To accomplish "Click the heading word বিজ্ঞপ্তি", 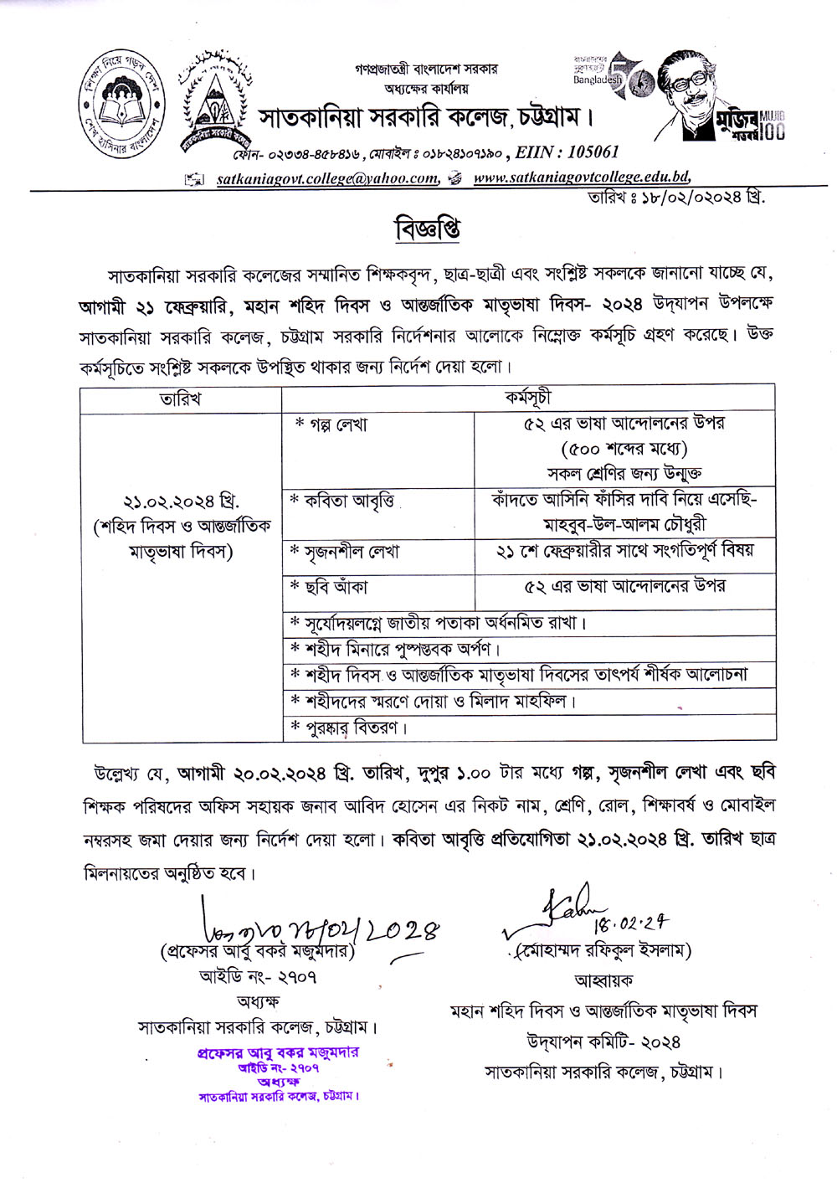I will (428, 229).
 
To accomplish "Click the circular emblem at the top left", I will (121, 105).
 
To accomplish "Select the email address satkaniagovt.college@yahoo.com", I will (327, 177).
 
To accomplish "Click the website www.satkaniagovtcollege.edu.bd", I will (582, 177).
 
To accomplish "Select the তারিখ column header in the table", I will (180, 399).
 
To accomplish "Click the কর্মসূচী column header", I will (528, 398).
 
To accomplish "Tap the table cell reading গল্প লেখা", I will (332, 424).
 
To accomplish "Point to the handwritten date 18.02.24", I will (632, 923).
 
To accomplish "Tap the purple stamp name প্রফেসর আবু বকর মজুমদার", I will (278, 1052).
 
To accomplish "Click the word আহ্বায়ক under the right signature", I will (603, 979).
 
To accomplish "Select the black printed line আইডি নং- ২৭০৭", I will (258, 976).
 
